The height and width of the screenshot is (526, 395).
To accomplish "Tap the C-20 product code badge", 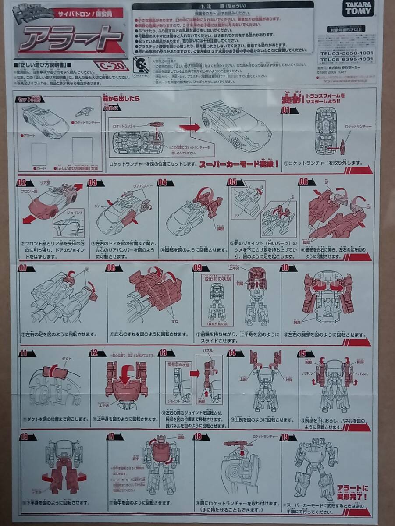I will (x=111, y=67).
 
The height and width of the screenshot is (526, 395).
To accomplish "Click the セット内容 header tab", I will (x=27, y=100).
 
